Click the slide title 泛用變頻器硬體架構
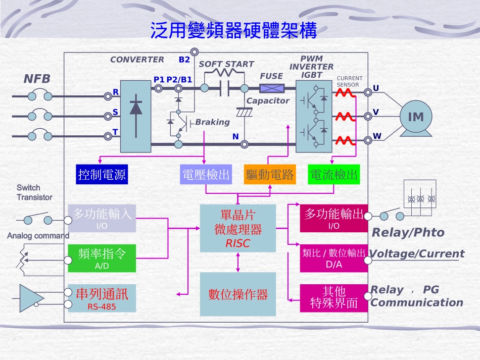[233, 30]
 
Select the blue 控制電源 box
[101, 175]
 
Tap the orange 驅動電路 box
[269, 175]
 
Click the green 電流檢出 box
[333, 175]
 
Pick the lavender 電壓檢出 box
[205, 175]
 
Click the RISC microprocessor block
[238, 229]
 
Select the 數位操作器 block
[238, 294]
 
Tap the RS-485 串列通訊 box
[102, 298]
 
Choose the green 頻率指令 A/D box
[102, 258]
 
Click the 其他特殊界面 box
[333, 298]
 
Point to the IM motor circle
[415, 117]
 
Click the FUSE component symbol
[272, 88]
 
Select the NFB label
[37, 79]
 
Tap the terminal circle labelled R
[108, 96]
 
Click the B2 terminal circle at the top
[194, 52]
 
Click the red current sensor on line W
[346, 140]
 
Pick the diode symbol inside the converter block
[135, 108]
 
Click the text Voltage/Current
[417, 253]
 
